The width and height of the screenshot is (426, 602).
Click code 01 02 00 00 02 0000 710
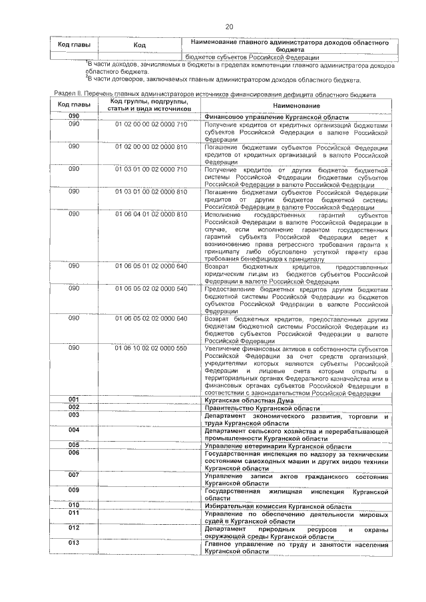151,124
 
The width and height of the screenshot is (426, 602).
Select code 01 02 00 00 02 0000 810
151,146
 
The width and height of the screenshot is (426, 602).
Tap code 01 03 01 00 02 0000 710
151,169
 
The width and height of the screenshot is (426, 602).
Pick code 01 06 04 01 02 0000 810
151,214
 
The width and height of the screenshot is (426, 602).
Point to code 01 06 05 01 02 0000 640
151,266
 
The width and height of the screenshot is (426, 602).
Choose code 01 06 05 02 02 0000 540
151,289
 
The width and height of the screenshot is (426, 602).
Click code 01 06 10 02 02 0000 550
151,348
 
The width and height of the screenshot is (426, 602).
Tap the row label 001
74,399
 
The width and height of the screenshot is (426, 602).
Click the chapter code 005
74,445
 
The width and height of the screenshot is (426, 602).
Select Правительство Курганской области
254,407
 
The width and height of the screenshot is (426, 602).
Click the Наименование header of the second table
296,106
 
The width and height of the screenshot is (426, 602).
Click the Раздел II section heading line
215,95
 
